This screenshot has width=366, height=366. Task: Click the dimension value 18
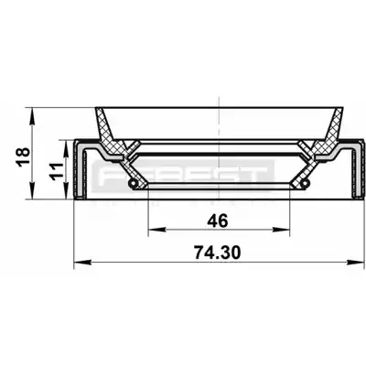pos(23,156)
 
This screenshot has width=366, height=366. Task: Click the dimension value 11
pos(57,171)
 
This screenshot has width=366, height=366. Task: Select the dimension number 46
pos(218,221)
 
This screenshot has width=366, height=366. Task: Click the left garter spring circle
pos(133,183)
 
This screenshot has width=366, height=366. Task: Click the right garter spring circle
pos(304,183)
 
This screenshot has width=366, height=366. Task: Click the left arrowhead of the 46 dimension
pos(156,230)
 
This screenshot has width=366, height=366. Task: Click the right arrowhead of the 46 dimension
pos(281,230)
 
